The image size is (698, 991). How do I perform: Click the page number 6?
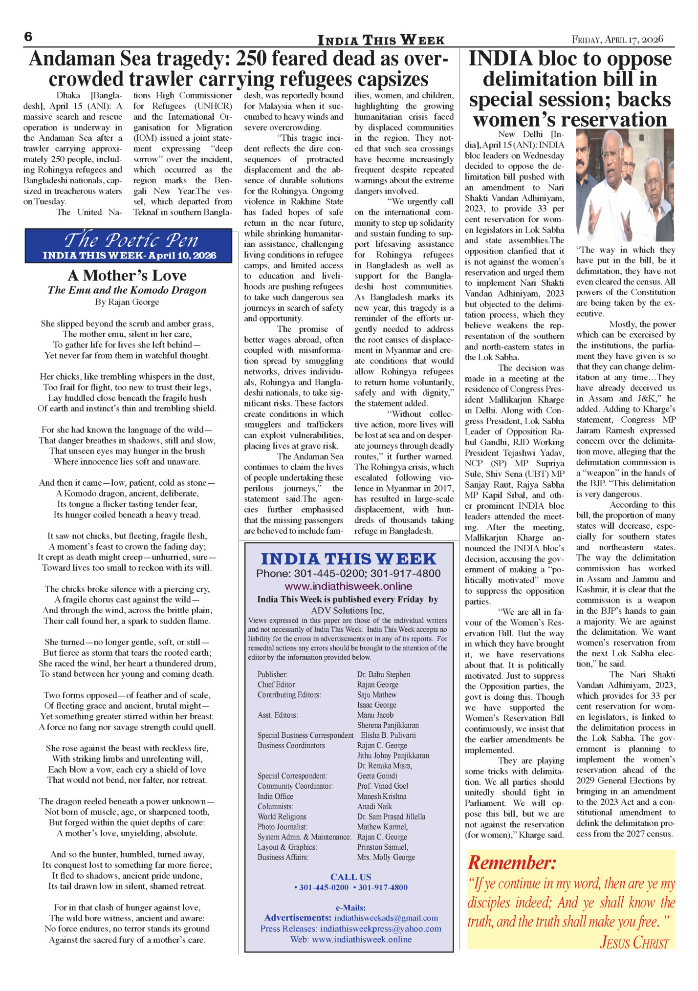pos(28,37)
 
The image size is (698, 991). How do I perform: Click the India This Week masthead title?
pos(381,40)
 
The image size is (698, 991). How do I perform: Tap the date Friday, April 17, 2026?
pos(617,40)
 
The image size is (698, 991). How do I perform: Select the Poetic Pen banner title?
pos(131,240)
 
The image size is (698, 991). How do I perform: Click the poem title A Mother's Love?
pos(127,276)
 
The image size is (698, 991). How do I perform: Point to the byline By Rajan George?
pos(127,302)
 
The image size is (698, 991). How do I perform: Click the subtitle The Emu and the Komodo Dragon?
pos(127,290)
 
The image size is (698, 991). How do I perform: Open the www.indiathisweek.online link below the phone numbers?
pos(348,586)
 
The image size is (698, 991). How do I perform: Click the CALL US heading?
pos(350,877)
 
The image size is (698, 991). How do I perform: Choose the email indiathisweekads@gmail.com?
pos(386,918)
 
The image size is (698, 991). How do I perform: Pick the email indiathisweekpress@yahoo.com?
pos(381,928)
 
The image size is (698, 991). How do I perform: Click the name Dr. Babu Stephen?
pos(384,674)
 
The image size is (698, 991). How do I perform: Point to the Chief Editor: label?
pos(277,685)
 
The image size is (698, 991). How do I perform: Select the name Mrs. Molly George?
pos(386,857)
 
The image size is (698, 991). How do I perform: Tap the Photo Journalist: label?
pos(283,827)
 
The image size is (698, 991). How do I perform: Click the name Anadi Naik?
pos(374,806)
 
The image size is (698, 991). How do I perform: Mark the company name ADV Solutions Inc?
pos(348,610)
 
